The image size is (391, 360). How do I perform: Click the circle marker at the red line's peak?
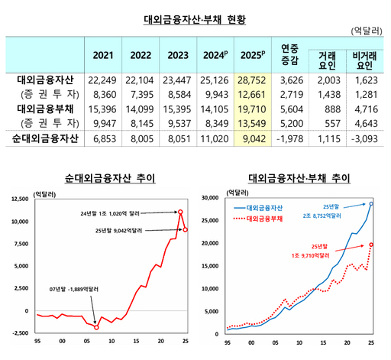181,211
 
